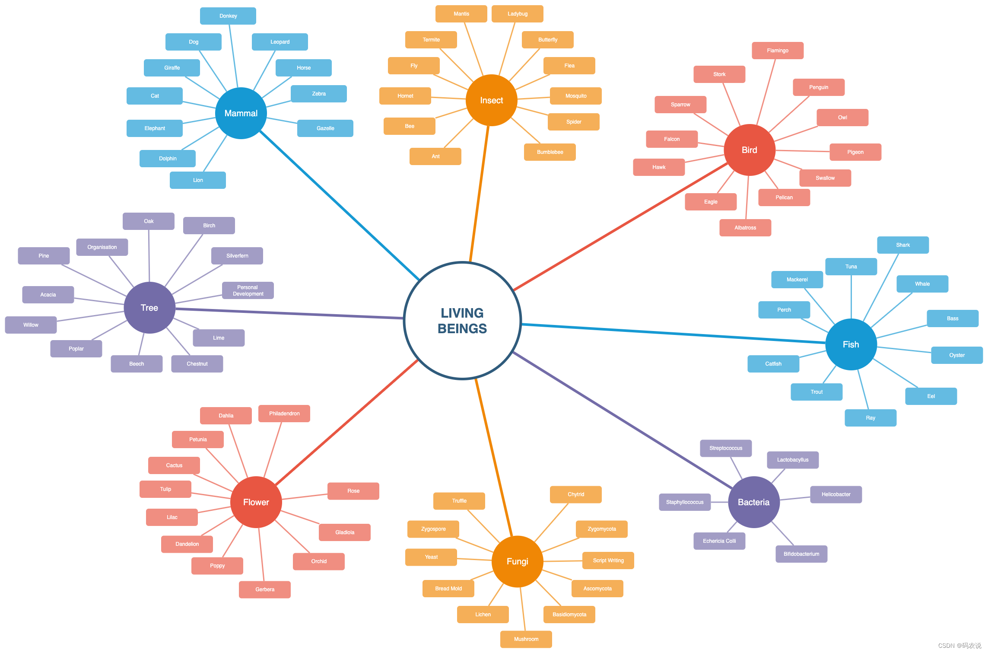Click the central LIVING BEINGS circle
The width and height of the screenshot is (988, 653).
(462, 321)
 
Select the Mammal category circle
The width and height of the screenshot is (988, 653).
(241, 113)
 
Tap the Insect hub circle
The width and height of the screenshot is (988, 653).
(491, 100)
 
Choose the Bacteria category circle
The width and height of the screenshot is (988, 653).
(753, 502)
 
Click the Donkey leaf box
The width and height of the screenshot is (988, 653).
(228, 16)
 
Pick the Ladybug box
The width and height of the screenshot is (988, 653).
(517, 14)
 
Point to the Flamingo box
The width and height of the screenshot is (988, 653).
(777, 51)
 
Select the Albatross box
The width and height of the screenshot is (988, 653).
(745, 228)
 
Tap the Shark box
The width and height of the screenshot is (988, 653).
(902, 245)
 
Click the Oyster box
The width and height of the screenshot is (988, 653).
(956, 355)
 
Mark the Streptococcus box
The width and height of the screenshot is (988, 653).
(725, 448)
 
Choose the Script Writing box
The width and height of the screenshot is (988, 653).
(608, 561)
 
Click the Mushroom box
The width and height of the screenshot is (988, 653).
(526, 639)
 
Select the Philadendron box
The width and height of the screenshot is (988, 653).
(284, 414)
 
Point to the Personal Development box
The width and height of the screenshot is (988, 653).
(248, 290)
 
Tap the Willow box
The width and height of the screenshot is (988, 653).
(31, 325)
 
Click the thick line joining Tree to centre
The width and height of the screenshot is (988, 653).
(289, 313)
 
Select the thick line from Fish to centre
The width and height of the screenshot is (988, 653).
(674, 333)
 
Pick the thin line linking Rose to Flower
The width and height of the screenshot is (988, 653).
(305, 497)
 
